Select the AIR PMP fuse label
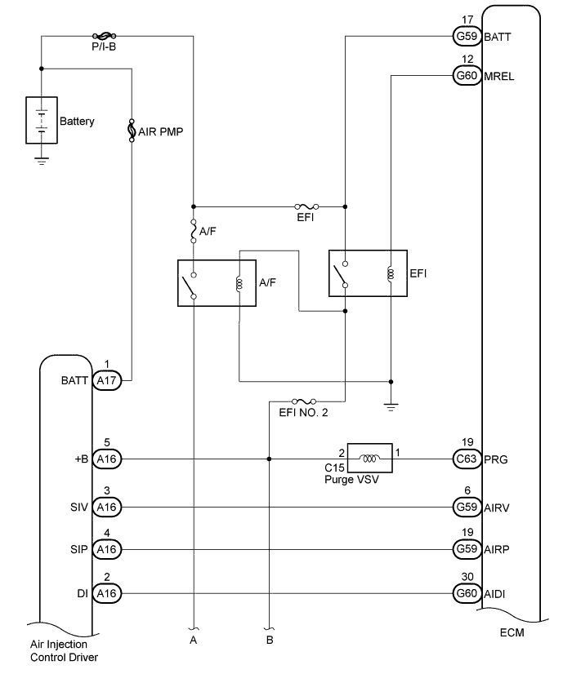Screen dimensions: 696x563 pyautogui.click(x=159, y=131)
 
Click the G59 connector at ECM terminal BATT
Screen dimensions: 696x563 pyautogui.click(x=467, y=37)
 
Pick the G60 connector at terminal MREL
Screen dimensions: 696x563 pyautogui.click(x=467, y=77)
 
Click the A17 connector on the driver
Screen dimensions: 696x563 pyautogui.click(x=106, y=380)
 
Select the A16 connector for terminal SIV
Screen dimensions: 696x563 pyautogui.click(x=106, y=507)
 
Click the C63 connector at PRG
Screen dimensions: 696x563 pyautogui.click(x=467, y=459)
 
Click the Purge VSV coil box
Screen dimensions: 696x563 pyautogui.click(x=370, y=459)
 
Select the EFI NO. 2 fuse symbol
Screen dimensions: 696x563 pyautogui.click(x=303, y=401)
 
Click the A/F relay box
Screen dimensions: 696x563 pyautogui.click(x=217, y=283)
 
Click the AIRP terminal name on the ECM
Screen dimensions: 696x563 pyautogui.click(x=497, y=550)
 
